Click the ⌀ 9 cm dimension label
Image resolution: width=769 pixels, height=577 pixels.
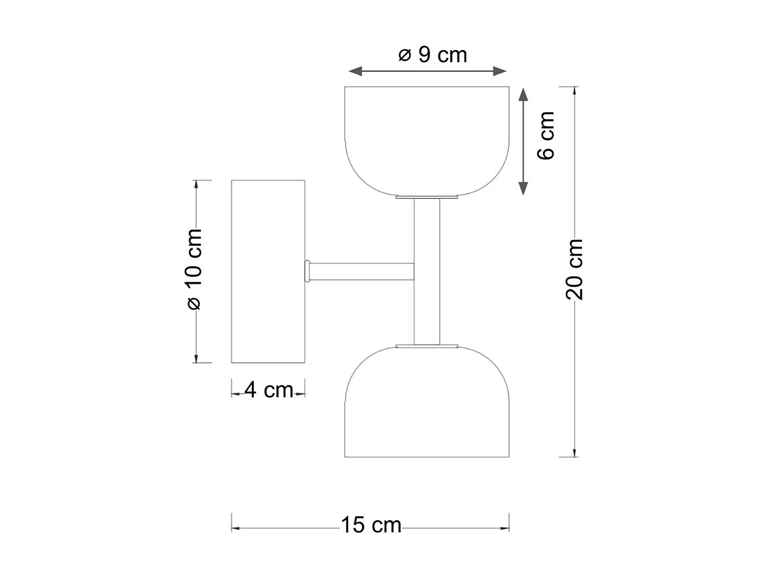click(432, 55)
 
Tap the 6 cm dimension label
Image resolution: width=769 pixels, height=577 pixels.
click(546, 135)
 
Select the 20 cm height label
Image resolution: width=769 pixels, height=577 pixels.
click(574, 269)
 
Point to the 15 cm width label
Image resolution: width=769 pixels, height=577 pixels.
click(371, 525)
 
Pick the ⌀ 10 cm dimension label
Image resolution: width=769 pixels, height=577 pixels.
click(194, 269)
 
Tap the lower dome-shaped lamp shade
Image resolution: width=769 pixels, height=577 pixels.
click(427, 408)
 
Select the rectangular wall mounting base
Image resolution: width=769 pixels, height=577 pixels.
click(268, 271)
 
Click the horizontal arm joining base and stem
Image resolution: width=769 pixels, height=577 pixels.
click(361, 271)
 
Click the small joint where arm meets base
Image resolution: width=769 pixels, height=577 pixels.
click(307, 271)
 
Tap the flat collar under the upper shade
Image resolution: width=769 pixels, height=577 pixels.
click(427, 197)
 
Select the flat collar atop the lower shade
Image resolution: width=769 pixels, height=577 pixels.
click(427, 345)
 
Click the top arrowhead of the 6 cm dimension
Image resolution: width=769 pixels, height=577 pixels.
click(523, 94)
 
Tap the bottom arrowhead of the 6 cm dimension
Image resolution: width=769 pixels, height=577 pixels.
click(523, 189)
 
